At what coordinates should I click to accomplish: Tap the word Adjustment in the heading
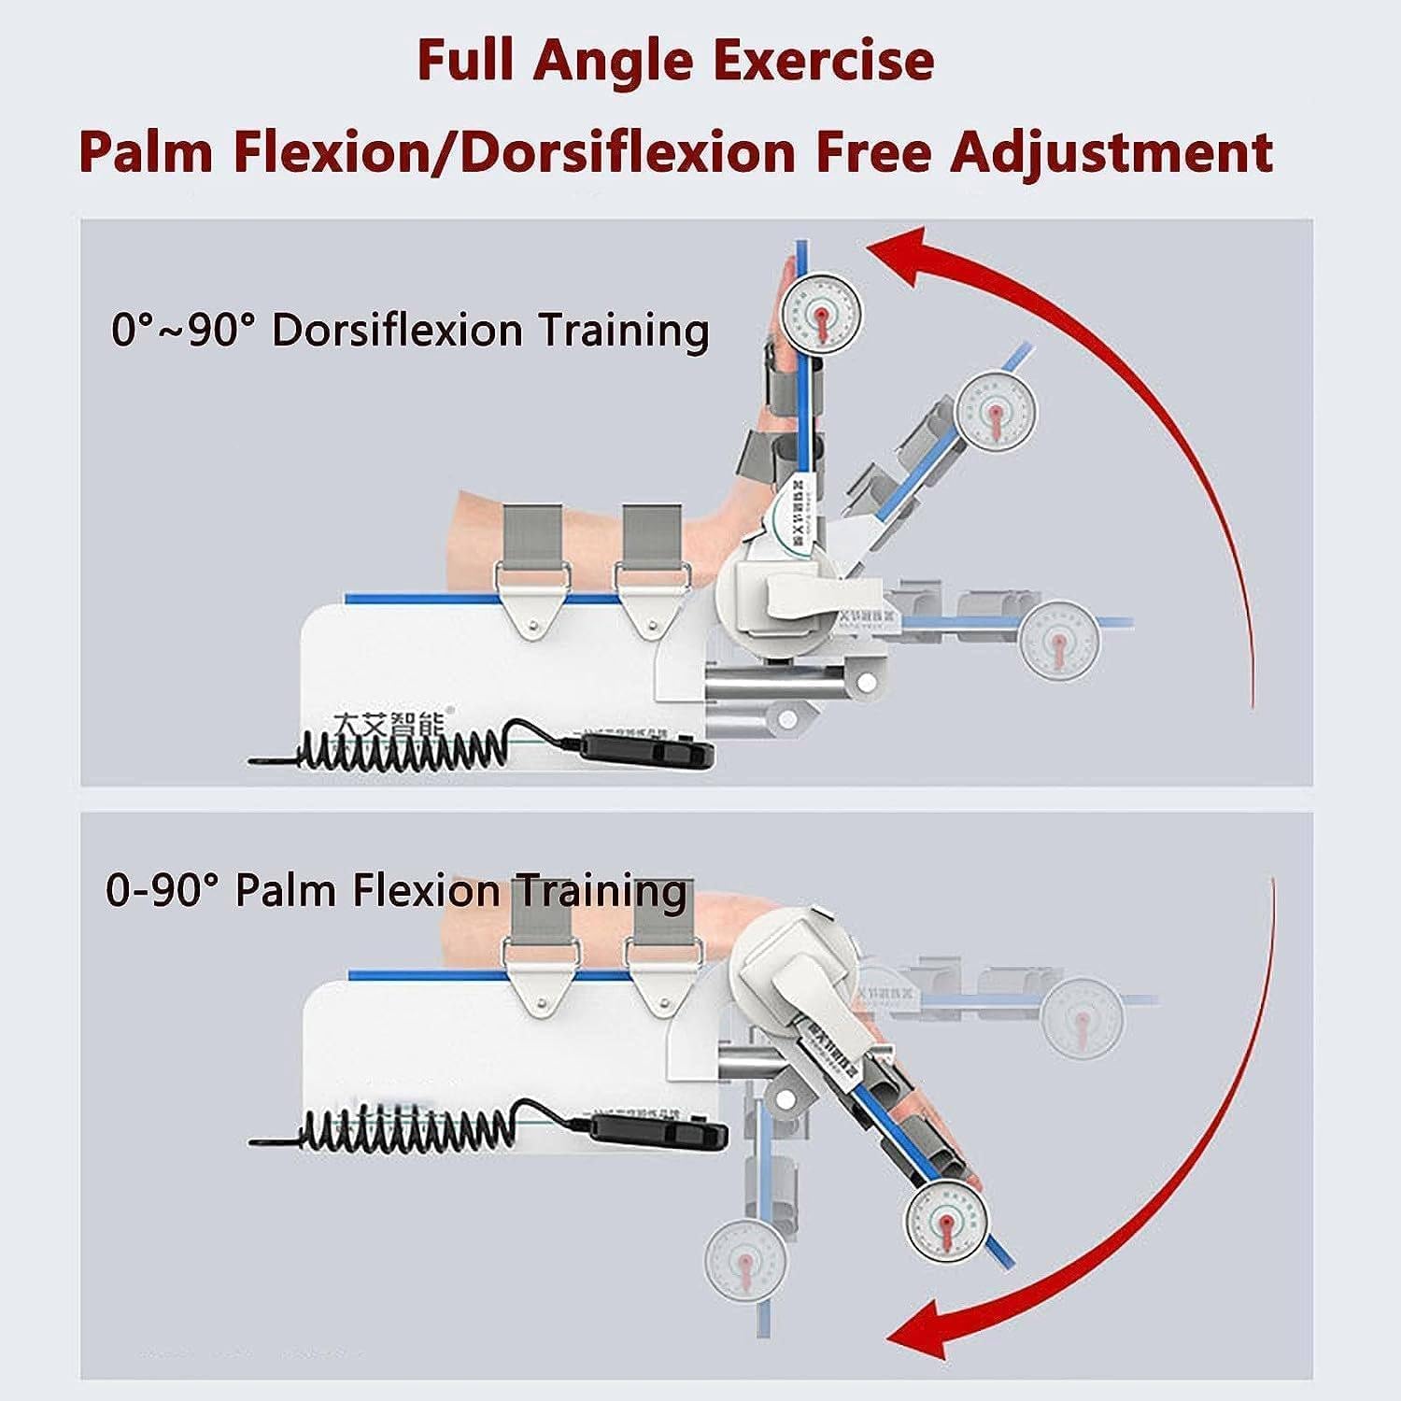(x=1111, y=151)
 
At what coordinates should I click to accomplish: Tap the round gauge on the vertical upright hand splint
(x=820, y=312)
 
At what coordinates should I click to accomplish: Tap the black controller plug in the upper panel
(x=648, y=748)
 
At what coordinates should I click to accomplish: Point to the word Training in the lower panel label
(x=602, y=892)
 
